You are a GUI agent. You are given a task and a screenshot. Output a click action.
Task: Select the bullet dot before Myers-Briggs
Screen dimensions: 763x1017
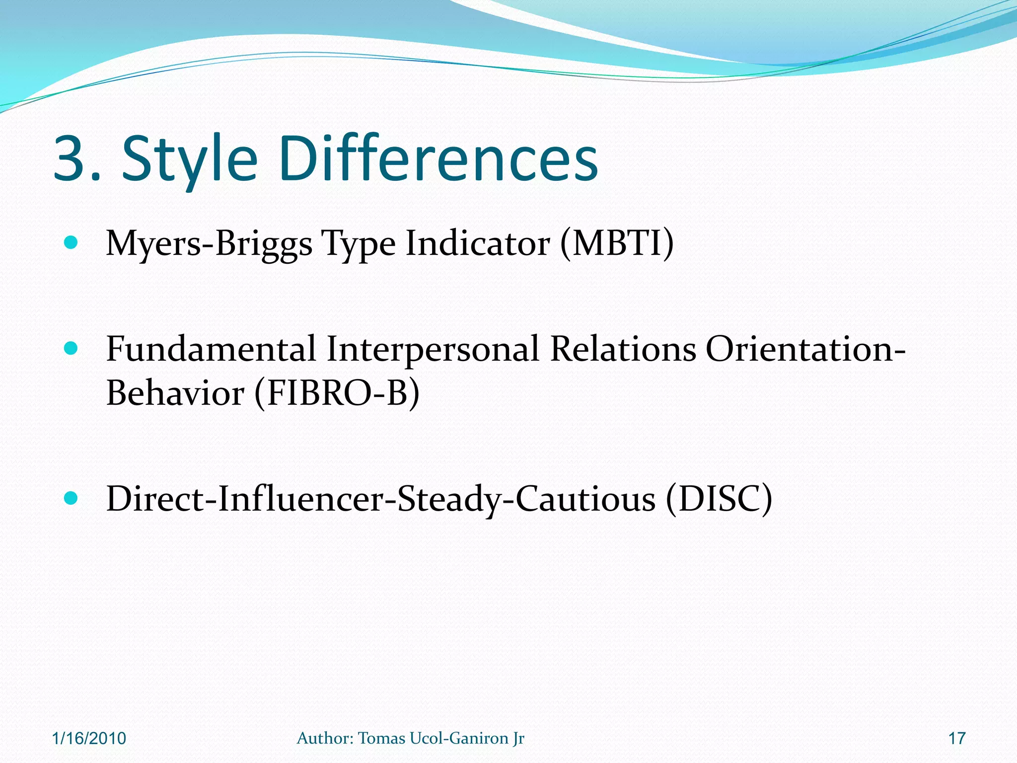(x=72, y=243)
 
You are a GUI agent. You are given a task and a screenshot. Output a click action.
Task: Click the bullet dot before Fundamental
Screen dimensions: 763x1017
(x=72, y=349)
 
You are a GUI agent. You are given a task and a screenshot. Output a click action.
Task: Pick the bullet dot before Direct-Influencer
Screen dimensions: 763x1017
(x=72, y=498)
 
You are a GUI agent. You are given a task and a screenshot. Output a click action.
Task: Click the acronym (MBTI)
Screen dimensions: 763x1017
(x=617, y=243)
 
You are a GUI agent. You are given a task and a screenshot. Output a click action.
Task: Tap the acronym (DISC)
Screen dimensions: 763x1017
(x=719, y=499)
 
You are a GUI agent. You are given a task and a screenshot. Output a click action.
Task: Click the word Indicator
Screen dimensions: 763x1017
(x=478, y=243)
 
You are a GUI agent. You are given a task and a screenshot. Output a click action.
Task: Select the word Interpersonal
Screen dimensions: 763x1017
(x=433, y=349)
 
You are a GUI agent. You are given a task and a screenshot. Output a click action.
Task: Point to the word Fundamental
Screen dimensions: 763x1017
(x=211, y=349)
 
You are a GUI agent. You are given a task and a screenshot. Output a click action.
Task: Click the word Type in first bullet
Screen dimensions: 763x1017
(x=359, y=244)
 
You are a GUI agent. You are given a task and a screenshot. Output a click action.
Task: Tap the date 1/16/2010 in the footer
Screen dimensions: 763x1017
(x=89, y=738)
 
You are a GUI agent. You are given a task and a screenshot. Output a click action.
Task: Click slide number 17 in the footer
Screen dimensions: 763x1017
(x=957, y=738)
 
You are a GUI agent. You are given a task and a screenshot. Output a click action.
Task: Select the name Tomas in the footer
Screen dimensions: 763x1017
(x=381, y=738)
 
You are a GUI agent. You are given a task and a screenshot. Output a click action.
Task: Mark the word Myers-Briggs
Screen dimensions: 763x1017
(x=209, y=244)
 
